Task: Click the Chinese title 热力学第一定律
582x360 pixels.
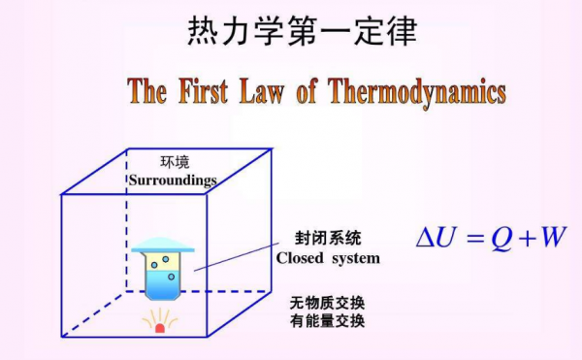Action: tap(301, 32)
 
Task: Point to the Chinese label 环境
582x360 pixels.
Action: tap(174, 162)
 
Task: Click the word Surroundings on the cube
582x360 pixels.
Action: tap(173, 180)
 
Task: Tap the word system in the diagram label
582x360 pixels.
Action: tap(354, 258)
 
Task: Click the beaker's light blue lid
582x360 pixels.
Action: tap(162, 246)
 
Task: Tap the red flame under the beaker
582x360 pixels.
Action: tap(160, 328)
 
